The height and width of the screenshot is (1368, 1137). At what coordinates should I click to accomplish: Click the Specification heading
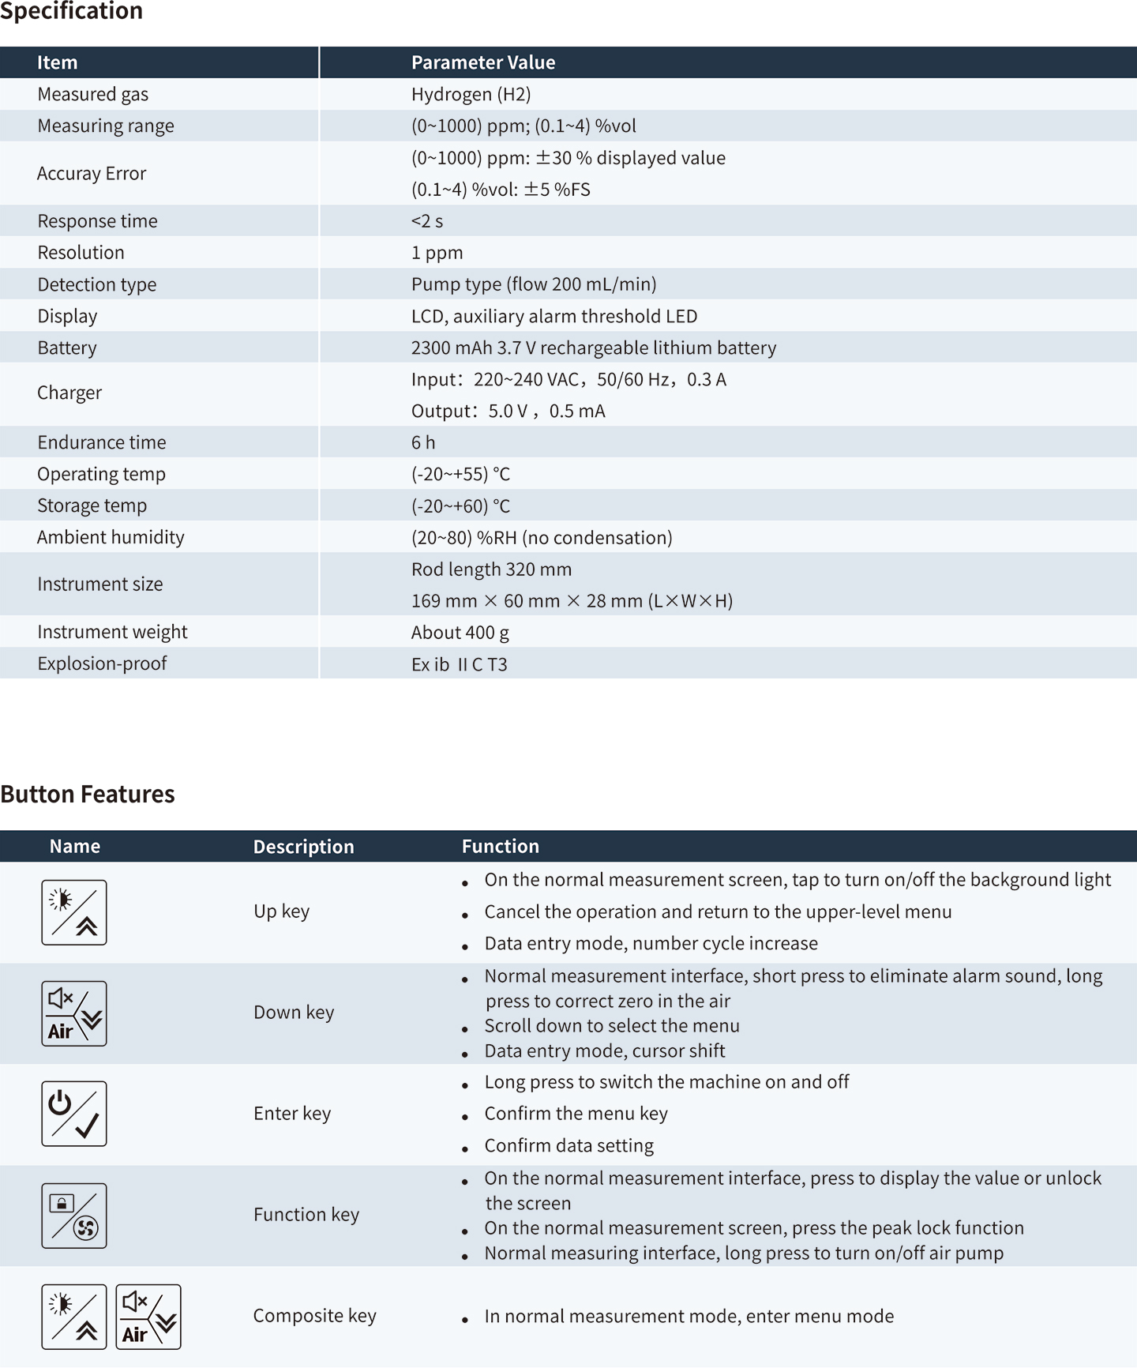point(72,11)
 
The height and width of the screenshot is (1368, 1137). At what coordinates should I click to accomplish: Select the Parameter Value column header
point(483,62)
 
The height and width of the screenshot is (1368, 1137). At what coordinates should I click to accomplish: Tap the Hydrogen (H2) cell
point(471,94)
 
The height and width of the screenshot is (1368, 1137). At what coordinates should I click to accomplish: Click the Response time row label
point(97,221)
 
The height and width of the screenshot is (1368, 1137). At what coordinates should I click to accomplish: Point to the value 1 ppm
point(437,253)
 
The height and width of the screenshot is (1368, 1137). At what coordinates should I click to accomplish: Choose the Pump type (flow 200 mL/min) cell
point(534,284)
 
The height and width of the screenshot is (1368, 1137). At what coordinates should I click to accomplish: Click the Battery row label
point(67,348)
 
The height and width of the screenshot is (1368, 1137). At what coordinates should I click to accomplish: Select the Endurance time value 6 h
point(423,442)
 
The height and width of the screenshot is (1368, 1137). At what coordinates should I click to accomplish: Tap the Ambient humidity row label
point(111,537)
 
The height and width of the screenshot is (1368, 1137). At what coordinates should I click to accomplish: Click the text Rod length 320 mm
point(491,569)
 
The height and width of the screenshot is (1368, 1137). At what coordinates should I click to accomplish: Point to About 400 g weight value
point(460,633)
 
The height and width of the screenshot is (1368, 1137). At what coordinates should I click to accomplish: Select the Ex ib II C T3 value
point(459,664)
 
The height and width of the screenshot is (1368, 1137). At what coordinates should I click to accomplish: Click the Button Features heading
point(88,794)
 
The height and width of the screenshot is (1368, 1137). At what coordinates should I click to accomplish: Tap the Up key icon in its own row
point(74,912)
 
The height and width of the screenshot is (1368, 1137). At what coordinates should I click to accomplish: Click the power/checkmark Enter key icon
point(74,1114)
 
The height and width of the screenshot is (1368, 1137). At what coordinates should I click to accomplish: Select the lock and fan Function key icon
point(74,1216)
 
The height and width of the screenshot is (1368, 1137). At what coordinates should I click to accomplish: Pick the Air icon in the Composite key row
point(148,1317)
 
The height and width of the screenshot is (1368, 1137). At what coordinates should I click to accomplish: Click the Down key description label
point(294,1013)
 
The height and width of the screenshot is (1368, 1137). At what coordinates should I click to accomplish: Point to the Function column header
point(500,846)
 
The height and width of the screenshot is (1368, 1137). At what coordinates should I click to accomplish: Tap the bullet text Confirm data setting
point(568,1145)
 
